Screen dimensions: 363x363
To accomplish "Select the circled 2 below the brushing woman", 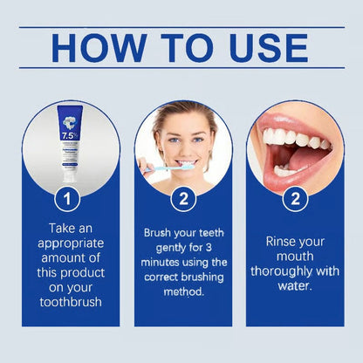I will (x=182, y=199).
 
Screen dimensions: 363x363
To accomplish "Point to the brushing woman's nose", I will (x=186, y=147).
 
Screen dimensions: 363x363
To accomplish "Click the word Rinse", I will (x=273, y=241).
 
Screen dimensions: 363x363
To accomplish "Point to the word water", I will (x=295, y=284).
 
